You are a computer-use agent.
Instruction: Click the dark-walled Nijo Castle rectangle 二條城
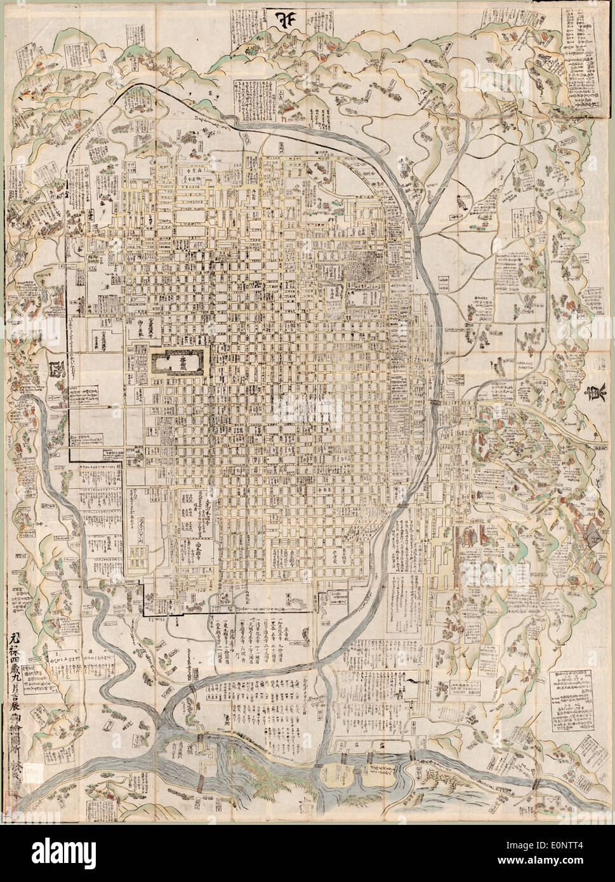coord(178,364)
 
